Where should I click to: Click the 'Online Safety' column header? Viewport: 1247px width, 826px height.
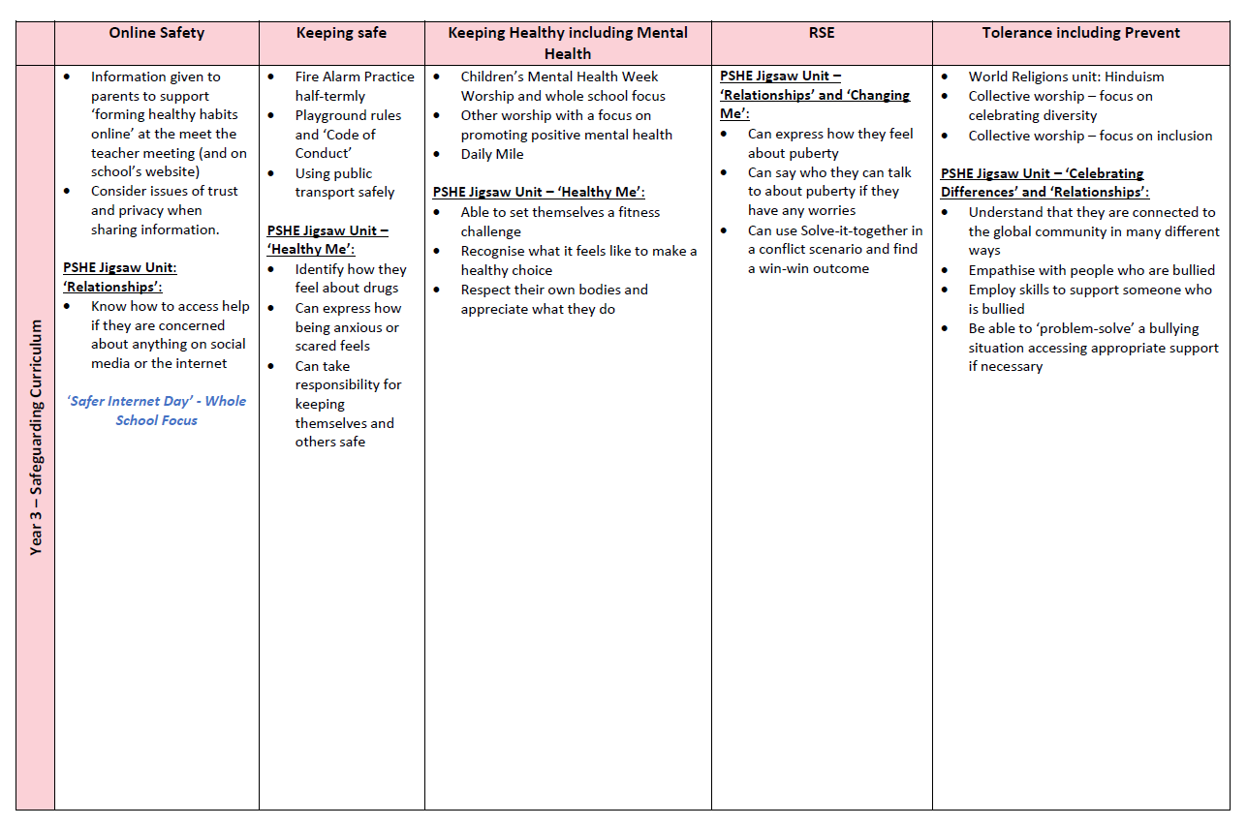[156, 33]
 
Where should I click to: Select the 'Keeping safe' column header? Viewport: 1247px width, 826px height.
[341, 33]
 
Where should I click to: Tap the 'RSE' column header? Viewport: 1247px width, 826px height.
[821, 33]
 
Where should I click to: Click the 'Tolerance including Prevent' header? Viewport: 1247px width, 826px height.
[1080, 33]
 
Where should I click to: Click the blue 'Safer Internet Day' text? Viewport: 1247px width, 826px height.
[156, 411]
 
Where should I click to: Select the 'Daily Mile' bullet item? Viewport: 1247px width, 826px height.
[491, 154]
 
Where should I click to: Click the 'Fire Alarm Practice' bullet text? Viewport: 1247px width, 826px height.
[355, 76]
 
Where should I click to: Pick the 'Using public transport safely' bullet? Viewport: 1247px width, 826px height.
[344, 183]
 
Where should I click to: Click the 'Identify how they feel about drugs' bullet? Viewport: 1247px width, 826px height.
[350, 279]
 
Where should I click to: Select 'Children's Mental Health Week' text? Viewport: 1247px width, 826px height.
[559, 76]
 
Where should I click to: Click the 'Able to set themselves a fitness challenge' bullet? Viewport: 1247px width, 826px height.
[560, 222]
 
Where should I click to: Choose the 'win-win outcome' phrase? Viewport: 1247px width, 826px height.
[808, 268]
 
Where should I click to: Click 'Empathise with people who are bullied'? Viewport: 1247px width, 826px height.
[1091, 270]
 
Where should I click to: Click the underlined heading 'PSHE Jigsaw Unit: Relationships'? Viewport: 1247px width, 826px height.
[120, 277]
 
